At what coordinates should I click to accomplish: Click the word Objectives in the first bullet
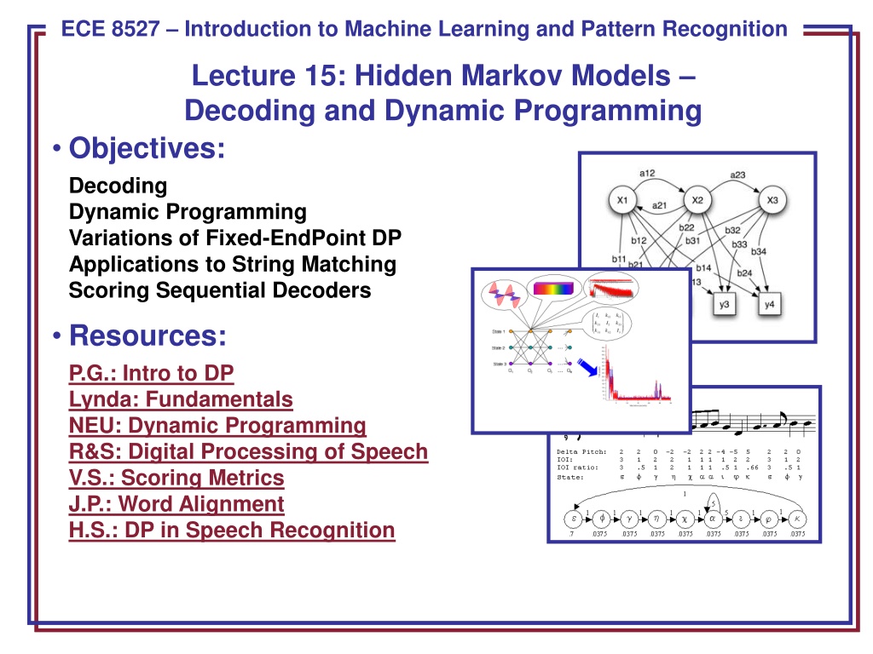click(147, 148)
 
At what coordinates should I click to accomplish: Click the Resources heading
click(147, 336)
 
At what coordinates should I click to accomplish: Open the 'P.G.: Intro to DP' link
click(151, 372)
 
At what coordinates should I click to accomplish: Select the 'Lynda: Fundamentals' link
click(181, 399)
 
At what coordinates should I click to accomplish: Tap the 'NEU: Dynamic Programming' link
click(217, 425)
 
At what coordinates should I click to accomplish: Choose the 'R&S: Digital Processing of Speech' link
click(248, 451)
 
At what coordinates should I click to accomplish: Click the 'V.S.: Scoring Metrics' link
click(176, 478)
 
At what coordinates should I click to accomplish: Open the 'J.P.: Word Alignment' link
click(176, 504)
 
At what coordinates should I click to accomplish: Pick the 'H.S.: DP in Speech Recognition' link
click(232, 531)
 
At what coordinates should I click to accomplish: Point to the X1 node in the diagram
click(622, 201)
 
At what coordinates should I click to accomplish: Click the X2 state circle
click(697, 201)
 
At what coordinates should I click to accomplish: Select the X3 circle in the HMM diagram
click(772, 201)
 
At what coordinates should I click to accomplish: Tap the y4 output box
click(769, 305)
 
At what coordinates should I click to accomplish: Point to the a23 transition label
click(737, 175)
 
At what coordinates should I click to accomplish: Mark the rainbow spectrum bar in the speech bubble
click(554, 289)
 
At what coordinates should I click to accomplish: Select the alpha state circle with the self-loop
click(715, 519)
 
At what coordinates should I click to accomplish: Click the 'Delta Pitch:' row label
click(581, 451)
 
